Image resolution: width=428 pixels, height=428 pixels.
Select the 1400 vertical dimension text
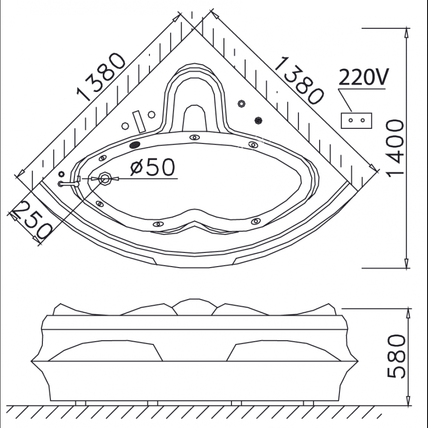pos(394,147)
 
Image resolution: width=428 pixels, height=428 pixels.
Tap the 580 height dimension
pos(396,357)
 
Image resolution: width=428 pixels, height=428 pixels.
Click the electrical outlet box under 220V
pos(356,121)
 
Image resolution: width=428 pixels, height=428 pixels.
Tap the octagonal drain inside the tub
pos(104,178)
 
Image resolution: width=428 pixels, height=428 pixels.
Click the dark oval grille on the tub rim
pos(135,145)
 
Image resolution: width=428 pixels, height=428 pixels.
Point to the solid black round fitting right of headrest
pos(258,121)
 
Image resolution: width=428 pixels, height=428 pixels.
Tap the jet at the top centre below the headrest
pos(195,137)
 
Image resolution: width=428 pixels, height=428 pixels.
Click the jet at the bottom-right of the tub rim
pos(256,221)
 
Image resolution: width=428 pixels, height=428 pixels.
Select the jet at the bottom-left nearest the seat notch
pos(158,223)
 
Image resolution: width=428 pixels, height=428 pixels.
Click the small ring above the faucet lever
pos(61,174)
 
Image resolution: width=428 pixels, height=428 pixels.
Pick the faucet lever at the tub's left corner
pos(68,184)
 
